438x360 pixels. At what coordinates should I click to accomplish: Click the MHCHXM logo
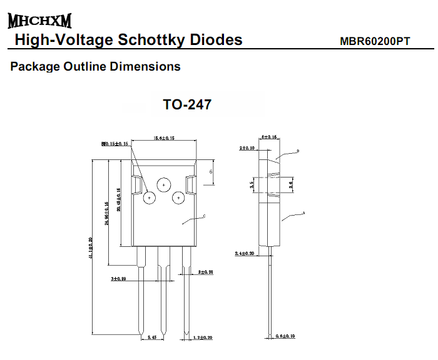point(39,21)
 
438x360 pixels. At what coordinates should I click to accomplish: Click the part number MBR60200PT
point(375,41)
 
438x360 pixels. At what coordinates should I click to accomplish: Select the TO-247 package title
point(187,104)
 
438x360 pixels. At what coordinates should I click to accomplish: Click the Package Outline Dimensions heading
point(96,66)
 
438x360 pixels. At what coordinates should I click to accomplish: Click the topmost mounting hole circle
point(164,185)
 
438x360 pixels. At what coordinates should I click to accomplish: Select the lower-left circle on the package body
point(150,198)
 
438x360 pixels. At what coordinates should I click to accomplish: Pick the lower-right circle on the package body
point(178,198)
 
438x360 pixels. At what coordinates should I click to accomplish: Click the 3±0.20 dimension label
point(120,279)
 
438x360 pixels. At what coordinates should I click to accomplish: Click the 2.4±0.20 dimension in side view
point(244,253)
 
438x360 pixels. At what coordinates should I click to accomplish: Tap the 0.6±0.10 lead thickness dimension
point(286,337)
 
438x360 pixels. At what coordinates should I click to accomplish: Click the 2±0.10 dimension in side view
point(247,148)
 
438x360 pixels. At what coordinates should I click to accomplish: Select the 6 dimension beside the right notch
point(211,171)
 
